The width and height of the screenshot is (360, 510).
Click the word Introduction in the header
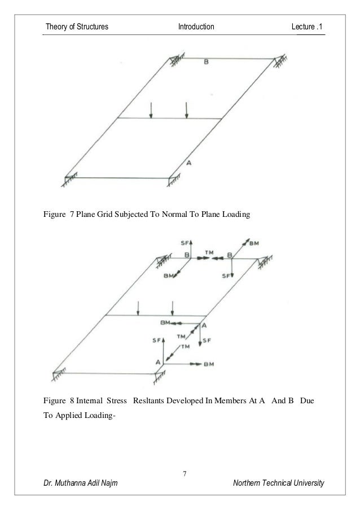point(196,27)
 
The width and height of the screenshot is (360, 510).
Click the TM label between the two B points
point(209,252)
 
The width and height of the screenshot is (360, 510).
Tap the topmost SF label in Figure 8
point(185,243)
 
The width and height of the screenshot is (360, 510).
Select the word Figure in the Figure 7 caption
point(54,214)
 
